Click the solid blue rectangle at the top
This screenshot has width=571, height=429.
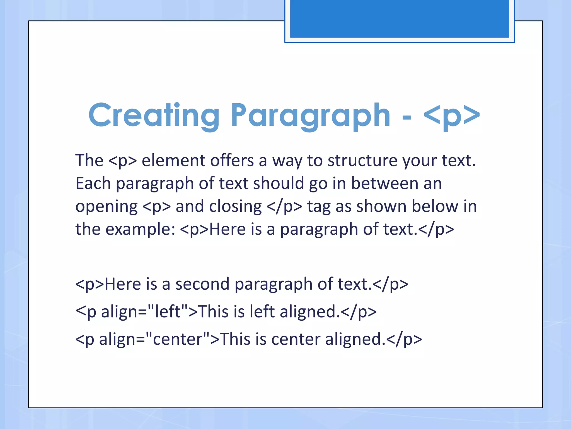pos(399,18)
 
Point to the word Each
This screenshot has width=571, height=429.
pos(93,183)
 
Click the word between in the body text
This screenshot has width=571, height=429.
pos(384,183)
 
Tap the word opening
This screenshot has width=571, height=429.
pos(106,207)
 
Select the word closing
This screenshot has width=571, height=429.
pos(235,206)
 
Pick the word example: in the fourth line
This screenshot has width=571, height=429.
pos(140,230)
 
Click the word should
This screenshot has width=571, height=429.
pos(278,183)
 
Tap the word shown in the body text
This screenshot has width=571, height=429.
pos(381,206)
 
